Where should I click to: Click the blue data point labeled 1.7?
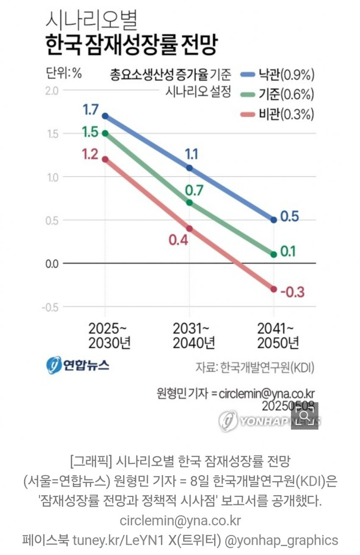click(x=105, y=116)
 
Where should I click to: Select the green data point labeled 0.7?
click(x=189, y=203)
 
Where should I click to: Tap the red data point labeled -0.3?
click(x=274, y=289)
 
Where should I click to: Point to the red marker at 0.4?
click(x=189, y=228)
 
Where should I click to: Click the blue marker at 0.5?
click(x=274, y=220)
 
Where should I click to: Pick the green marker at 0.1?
click(x=274, y=254)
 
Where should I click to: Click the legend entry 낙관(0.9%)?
click(x=277, y=75)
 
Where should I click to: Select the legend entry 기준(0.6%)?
click(x=277, y=94)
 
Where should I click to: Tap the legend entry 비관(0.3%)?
click(x=277, y=114)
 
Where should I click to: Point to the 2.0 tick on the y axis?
click(x=54, y=90)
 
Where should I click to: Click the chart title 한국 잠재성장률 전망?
click(x=131, y=46)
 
